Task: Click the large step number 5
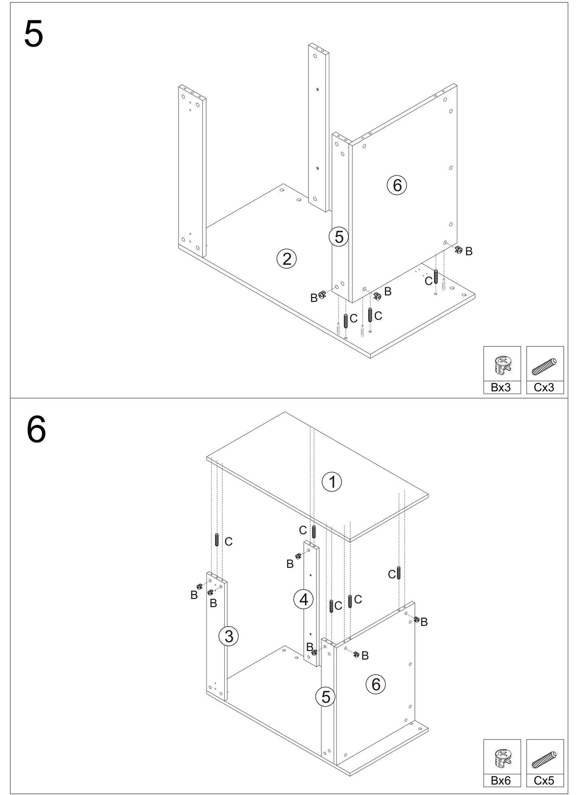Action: point(34,34)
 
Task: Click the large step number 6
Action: point(36,431)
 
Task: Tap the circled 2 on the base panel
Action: point(287,259)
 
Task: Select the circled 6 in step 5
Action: point(397,185)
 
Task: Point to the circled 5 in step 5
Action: point(339,237)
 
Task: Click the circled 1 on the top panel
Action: point(332,482)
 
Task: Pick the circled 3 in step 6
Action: point(229,636)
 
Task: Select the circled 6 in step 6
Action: point(376,685)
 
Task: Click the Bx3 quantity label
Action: point(501,387)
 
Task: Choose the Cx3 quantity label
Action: point(544,387)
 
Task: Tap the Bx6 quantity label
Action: point(501,781)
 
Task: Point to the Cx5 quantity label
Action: point(544,781)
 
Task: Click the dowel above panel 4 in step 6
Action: point(314,532)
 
